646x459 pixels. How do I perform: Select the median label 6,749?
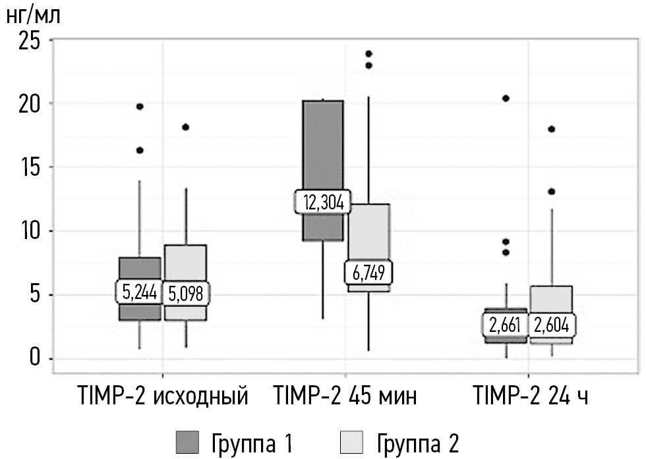click(368, 271)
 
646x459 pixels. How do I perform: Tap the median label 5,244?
click(139, 292)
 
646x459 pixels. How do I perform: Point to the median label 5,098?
click(185, 293)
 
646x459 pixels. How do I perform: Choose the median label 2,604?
click(552, 325)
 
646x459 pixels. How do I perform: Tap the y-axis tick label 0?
click(34, 359)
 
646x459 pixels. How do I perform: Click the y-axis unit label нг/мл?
click(34, 14)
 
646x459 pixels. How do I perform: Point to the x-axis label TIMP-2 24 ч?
click(531, 398)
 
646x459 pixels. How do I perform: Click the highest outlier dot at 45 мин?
click(369, 54)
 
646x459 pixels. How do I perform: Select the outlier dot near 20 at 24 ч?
click(506, 98)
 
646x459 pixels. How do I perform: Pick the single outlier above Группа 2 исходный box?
click(186, 127)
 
